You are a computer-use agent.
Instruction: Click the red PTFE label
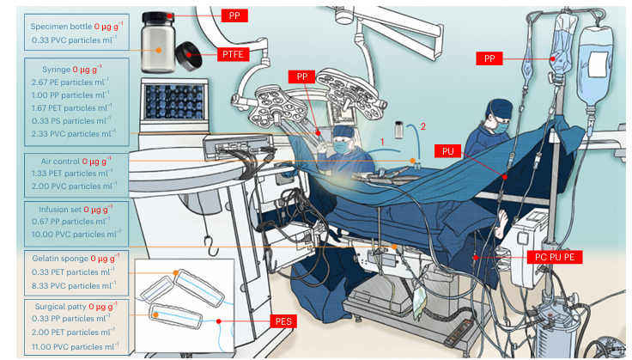233,54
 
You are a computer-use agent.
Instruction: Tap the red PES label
283,321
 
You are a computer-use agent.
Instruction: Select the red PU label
447,151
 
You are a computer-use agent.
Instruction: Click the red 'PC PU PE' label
554,257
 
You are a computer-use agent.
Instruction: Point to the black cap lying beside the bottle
189,56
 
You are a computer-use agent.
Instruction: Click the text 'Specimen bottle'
61,27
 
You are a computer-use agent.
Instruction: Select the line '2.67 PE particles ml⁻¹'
70,82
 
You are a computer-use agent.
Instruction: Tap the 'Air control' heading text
60,162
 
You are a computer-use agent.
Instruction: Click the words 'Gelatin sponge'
60,259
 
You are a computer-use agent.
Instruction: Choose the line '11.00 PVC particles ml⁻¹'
75,346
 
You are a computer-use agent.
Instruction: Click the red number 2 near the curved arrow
423,126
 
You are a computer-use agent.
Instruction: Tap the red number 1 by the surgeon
382,142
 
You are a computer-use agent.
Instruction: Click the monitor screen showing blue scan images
174,101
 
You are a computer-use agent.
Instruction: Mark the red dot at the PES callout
218,321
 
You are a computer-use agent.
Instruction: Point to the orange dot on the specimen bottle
158,50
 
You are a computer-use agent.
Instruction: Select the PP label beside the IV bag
489,58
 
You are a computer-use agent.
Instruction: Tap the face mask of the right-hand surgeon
501,127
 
